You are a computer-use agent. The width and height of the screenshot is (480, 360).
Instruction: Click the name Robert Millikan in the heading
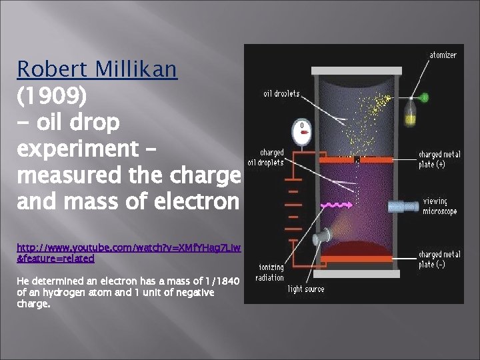[97, 69]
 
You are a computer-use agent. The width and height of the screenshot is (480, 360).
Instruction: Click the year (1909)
[51, 96]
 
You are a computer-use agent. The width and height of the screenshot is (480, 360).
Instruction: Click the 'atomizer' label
[443, 55]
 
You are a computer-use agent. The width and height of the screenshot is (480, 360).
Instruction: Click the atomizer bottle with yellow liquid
[411, 112]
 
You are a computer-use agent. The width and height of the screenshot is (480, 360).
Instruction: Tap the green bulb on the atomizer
[423, 98]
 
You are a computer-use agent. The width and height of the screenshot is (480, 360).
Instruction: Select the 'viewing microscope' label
[440, 206]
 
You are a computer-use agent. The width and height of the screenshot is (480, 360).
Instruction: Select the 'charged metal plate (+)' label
[439, 159]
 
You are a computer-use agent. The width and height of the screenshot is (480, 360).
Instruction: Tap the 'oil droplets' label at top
[281, 94]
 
